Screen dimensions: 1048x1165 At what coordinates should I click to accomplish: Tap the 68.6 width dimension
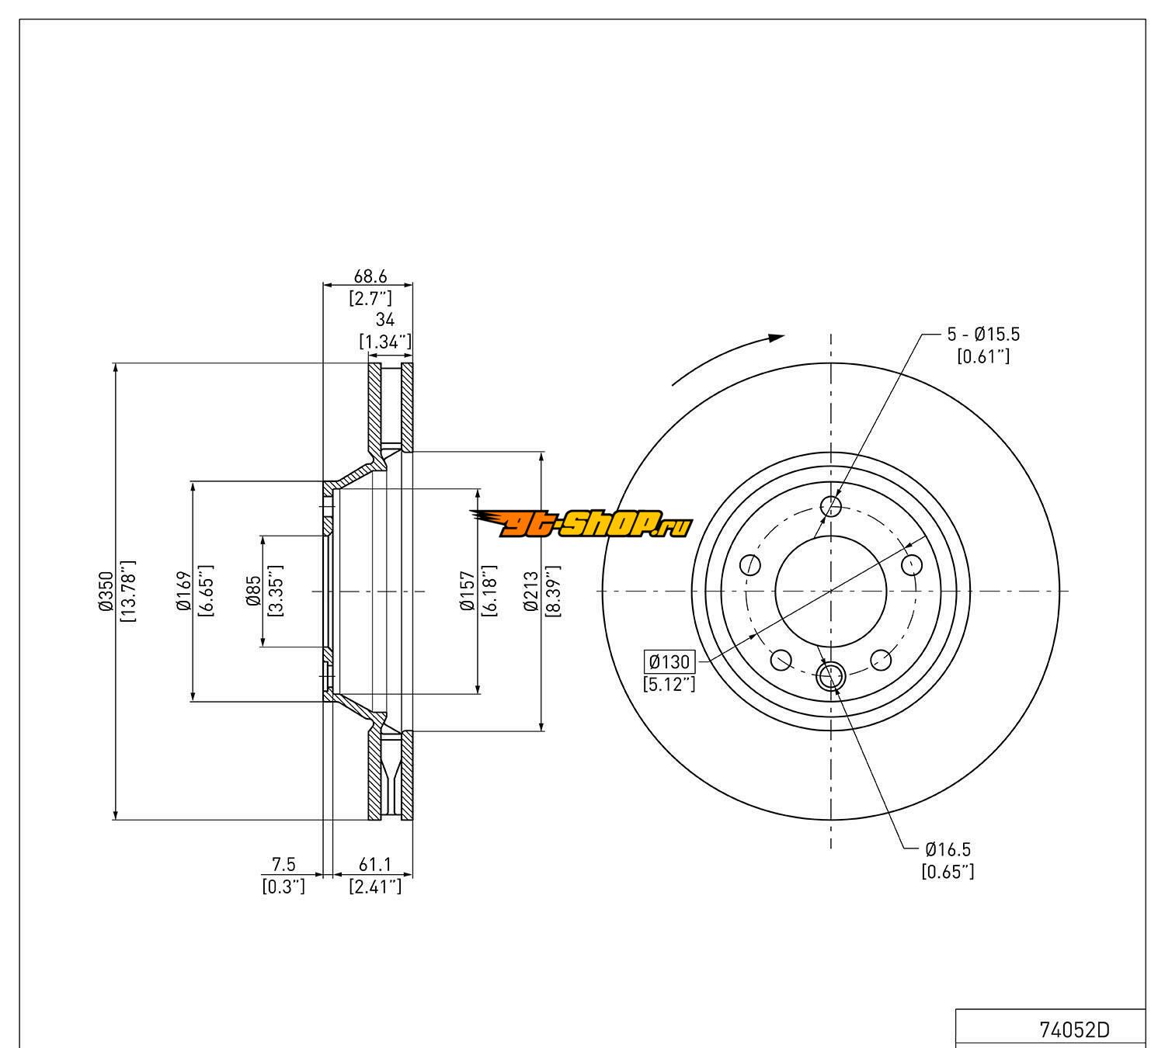370,276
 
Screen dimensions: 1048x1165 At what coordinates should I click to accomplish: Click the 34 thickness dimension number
385,319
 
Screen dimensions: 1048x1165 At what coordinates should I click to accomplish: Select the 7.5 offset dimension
283,865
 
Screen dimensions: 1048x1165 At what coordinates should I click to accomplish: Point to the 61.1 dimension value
375,865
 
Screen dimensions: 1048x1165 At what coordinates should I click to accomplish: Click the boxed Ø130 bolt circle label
669,661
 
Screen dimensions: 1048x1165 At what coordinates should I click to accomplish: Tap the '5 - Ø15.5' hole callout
982,335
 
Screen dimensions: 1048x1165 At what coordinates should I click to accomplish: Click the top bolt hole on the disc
831,507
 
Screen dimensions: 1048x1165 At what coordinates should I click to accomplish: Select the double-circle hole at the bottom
831,675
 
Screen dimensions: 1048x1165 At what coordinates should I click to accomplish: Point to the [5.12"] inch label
669,684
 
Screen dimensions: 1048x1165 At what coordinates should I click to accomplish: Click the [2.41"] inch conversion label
375,886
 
